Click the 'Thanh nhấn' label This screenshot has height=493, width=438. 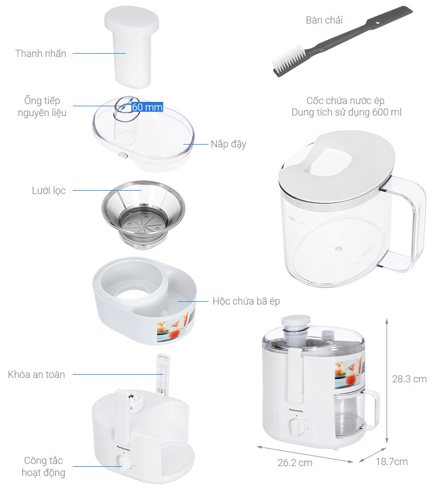[x=41, y=54]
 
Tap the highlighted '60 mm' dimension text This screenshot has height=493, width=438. [x=147, y=107]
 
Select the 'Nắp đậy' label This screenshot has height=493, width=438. [x=228, y=144]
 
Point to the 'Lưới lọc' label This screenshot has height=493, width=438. [x=49, y=191]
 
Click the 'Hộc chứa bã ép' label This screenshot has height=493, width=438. [x=246, y=301]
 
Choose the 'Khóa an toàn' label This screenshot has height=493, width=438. [x=37, y=375]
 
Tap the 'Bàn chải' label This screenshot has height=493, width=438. [x=324, y=20]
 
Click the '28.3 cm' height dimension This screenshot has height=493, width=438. [x=409, y=379]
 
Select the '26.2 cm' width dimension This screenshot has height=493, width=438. [x=295, y=463]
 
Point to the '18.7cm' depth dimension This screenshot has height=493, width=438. [x=391, y=462]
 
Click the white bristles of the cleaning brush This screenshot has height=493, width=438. [x=287, y=59]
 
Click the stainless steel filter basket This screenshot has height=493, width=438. [x=143, y=214]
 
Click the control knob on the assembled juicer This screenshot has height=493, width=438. [x=296, y=427]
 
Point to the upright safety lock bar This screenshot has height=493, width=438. [x=163, y=374]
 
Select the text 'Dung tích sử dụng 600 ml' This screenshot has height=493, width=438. [x=346, y=112]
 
